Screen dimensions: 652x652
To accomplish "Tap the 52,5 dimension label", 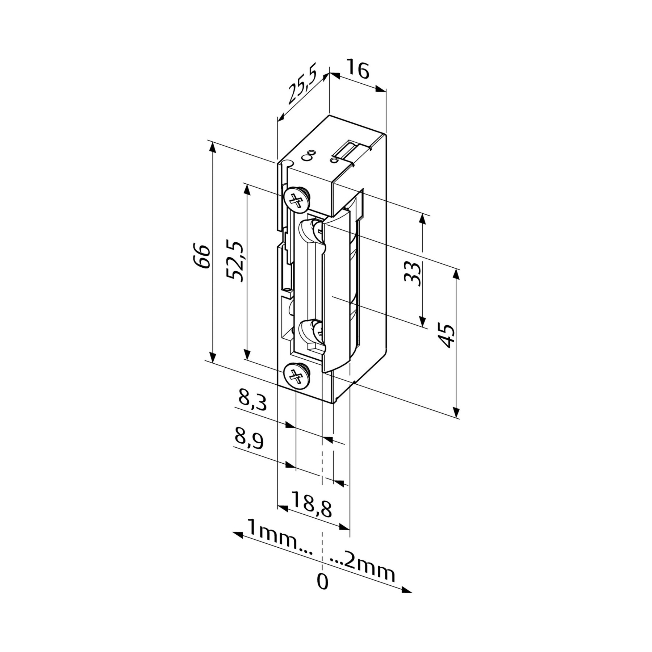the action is point(237,260).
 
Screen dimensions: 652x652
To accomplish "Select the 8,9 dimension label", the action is point(249,439).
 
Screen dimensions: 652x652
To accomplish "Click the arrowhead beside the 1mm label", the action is point(238,535).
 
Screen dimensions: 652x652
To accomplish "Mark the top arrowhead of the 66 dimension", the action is point(213,149).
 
